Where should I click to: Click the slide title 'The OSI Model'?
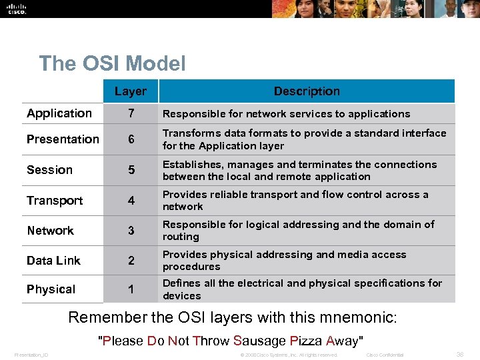[112, 63]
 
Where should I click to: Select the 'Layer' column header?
[130, 91]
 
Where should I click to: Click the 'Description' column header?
[307, 91]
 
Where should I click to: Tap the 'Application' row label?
[59, 113]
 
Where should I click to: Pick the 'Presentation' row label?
[63, 139]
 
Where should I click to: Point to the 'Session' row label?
[49, 170]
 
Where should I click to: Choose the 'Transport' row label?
[55, 201]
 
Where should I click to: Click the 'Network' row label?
[50, 231]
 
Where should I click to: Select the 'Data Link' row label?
[53, 261]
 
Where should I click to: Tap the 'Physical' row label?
[51, 289]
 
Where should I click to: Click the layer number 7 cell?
[131, 114]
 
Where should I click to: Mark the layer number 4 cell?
[131, 201]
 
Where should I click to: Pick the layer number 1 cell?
[131, 290]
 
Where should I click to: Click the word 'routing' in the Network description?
[181, 237]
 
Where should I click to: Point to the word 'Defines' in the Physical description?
[181, 283]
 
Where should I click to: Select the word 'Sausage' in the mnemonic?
[259, 341]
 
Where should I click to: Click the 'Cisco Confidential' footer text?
[385, 355]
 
